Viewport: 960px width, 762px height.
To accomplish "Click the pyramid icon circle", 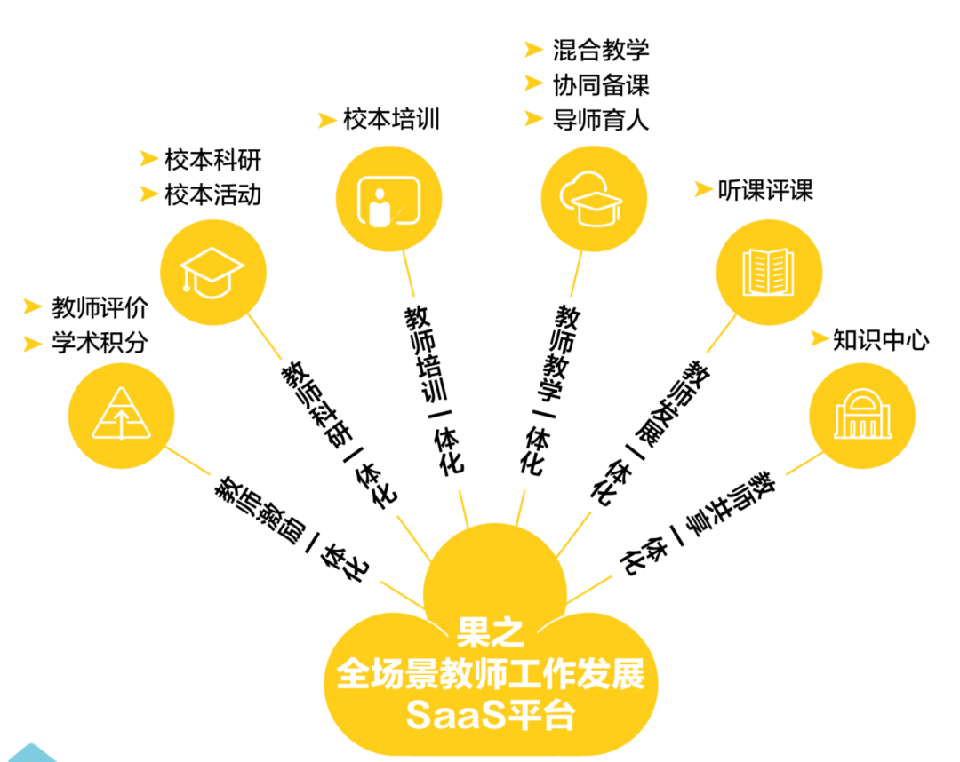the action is coord(121,416).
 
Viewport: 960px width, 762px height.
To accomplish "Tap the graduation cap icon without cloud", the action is coord(213,272).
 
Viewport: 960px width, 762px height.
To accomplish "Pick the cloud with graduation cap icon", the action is coord(591,199).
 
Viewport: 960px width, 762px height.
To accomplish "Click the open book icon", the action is coord(768,272).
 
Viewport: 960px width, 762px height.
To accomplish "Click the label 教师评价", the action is coord(100,307).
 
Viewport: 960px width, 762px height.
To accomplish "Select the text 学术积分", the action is coord(100,343).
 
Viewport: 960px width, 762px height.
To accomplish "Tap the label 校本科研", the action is coord(213,160).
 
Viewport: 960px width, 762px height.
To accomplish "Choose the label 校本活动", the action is coord(213,195).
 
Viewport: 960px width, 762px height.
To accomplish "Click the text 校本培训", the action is coord(392,119).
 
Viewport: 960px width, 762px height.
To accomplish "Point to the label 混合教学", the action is coord(601,50).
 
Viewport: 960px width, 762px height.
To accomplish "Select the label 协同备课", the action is coord(601,85).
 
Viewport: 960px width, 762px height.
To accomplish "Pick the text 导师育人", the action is coord(601,120).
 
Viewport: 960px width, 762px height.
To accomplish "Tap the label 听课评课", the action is coord(765,190).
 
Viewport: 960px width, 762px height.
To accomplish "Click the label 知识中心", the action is coord(881,339).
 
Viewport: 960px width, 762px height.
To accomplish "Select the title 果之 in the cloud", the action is coord(490,633).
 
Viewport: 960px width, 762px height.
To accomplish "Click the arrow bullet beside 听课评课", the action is coord(703,189).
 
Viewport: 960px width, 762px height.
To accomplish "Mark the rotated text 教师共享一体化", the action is coord(697,522).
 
